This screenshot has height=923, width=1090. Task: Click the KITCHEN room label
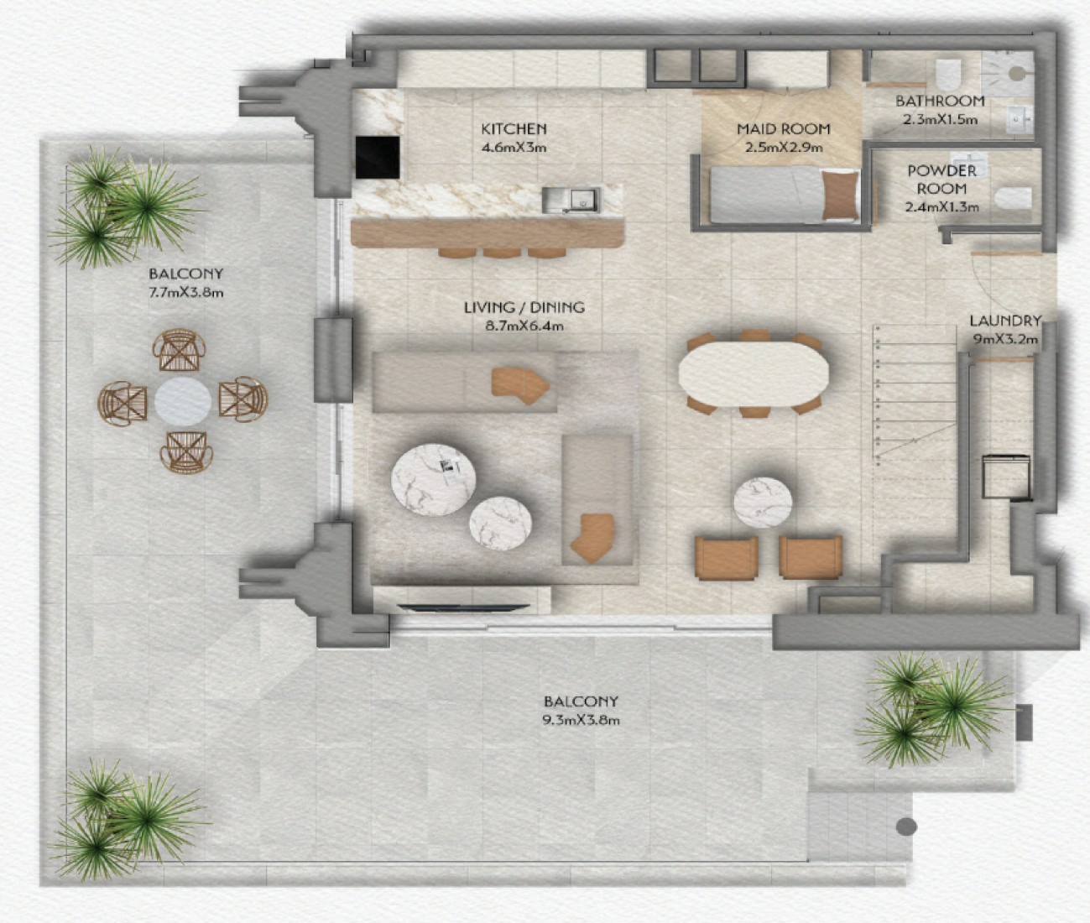[514, 128]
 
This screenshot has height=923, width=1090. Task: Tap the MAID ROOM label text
[784, 128]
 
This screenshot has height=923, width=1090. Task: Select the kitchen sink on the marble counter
[571, 200]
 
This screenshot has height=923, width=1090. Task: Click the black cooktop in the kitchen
[377, 157]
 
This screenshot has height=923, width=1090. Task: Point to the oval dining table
[754, 373]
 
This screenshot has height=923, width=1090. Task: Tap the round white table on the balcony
[183, 401]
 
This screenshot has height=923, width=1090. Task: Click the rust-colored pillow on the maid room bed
[841, 196]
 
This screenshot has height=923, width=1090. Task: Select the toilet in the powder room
[1013, 198]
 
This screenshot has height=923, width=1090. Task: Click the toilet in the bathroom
[947, 74]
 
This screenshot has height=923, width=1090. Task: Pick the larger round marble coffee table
[433, 479]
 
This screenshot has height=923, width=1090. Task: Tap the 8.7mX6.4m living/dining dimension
[524, 326]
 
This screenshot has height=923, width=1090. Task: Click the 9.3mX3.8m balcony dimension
[581, 720]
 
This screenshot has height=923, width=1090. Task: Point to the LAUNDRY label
[1005, 321]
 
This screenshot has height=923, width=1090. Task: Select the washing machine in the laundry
[1006, 477]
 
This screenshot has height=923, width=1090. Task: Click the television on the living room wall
[463, 608]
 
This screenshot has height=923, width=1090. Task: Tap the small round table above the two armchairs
[763, 502]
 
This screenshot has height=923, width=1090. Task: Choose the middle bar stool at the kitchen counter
[502, 253]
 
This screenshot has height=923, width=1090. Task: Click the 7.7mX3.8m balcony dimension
[185, 292]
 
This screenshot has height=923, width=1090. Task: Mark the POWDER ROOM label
[941, 180]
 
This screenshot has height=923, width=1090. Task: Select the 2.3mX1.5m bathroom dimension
[941, 119]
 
